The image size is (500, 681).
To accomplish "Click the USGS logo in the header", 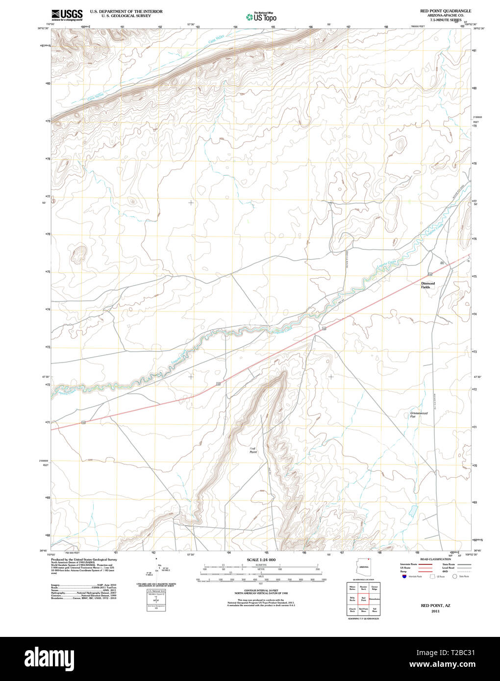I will pyautogui.click(x=67, y=15).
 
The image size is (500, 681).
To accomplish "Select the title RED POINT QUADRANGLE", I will pyautogui.click(x=445, y=11).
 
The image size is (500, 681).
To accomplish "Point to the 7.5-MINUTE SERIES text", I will pyautogui.click(x=446, y=20).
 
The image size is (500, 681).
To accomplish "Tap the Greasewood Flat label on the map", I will pyautogui.click(x=419, y=414).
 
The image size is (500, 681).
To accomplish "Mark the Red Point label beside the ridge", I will pyautogui.click(x=253, y=450).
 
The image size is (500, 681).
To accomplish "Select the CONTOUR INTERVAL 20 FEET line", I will pyautogui.click(x=261, y=591).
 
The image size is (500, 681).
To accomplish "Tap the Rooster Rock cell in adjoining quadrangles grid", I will pyautogui.click(x=363, y=587).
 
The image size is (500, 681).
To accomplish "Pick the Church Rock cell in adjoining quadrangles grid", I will pyautogui.click(x=352, y=610).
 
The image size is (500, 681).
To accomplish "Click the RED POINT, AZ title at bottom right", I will pyautogui.click(x=435, y=606).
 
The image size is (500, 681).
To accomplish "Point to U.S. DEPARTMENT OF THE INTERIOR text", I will pyautogui.click(x=126, y=11).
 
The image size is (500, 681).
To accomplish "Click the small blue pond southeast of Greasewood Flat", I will pyautogui.click(x=412, y=511).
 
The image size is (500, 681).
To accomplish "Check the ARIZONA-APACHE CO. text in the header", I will pyautogui.click(x=446, y=15).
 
